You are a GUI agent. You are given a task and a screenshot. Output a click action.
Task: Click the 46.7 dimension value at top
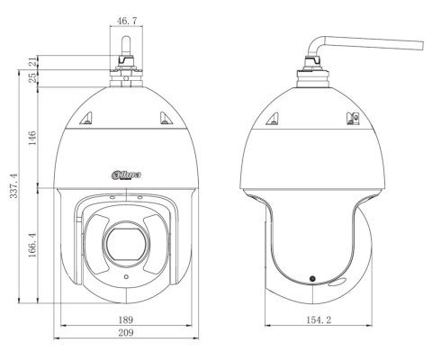click(x=127, y=21)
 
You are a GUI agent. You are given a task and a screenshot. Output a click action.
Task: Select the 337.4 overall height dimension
click(x=14, y=186)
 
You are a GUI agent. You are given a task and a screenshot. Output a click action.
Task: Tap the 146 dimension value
click(x=32, y=138)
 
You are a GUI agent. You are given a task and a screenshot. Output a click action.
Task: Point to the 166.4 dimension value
click(x=32, y=245)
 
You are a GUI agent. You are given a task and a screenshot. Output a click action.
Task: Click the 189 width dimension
click(x=125, y=319)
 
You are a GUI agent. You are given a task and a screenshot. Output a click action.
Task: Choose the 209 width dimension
click(x=125, y=333)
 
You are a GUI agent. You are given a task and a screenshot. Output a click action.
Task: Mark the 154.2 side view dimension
click(x=319, y=319)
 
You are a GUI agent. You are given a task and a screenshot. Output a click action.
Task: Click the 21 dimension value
click(x=32, y=62)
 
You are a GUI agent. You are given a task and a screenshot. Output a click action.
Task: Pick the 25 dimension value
click(x=32, y=77)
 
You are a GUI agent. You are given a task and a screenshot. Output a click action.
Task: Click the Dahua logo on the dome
click(x=126, y=175)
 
